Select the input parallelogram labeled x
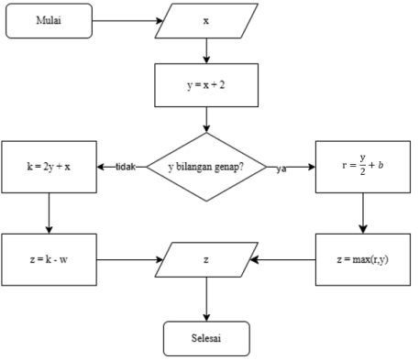[x=206, y=20]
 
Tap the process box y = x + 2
[x=206, y=85]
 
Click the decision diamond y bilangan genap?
[x=206, y=168]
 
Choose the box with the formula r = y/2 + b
[x=362, y=167]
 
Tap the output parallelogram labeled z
[x=206, y=259]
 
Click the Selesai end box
[x=206, y=337]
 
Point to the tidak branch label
[x=126, y=168]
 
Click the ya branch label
[x=282, y=169]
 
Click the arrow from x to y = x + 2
[x=206, y=51]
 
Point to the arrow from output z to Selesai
[x=206, y=300]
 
